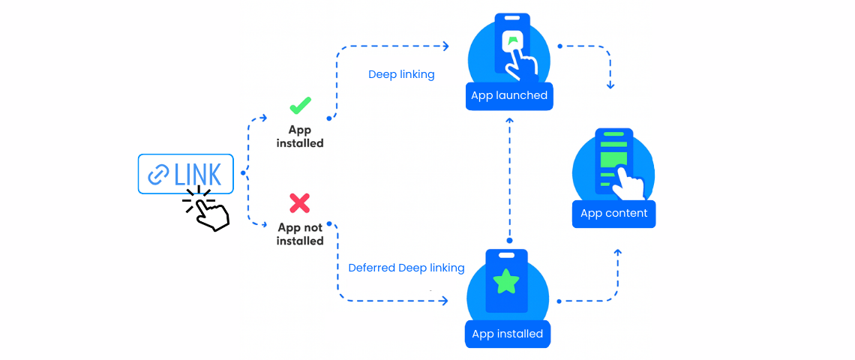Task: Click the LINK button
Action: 185,174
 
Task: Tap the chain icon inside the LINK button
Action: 158,175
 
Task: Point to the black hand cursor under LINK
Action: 210,213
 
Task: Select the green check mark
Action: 300,105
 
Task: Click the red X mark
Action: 299,202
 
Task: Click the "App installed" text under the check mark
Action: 300,136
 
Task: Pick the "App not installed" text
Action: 300,234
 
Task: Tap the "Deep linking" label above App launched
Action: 401,75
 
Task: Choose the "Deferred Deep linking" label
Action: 406,268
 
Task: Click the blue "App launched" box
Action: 509,96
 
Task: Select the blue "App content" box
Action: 613,214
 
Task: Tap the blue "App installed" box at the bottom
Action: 507,334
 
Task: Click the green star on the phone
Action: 506,282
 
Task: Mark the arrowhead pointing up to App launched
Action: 509,120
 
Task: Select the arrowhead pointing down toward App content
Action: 610,85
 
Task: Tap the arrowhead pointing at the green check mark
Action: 263,118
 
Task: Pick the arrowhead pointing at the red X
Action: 263,224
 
